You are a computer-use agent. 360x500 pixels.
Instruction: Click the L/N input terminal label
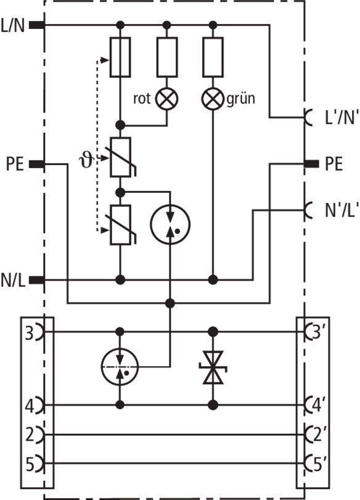tap(13, 26)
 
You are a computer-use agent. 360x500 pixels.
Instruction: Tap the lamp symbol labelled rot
tap(167, 99)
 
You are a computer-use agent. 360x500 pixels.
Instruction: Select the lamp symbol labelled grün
tap(213, 99)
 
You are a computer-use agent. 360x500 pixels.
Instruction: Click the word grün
tap(241, 99)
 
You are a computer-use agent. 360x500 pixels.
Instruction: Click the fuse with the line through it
tap(120, 57)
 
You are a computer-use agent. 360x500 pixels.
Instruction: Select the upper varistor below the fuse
tap(121, 157)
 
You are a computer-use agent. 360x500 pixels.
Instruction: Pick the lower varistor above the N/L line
tap(121, 225)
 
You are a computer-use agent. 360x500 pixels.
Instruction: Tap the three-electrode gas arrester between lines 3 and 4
tap(120, 367)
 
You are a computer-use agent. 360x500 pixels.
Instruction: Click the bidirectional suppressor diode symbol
tap(213, 367)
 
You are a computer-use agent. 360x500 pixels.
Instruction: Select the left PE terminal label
tap(15, 164)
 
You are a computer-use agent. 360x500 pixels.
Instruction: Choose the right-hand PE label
tap(334, 164)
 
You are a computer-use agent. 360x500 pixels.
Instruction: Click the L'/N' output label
tap(337, 117)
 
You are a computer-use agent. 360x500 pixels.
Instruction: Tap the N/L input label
tap(13, 281)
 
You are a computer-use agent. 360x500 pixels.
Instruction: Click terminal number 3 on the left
tap(30, 334)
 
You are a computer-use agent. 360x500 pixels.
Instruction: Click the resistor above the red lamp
tap(167, 57)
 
